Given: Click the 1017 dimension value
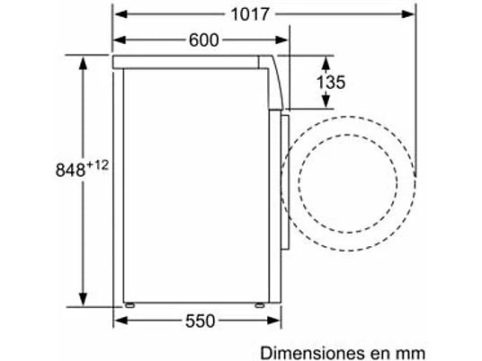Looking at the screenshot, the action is click(x=250, y=14).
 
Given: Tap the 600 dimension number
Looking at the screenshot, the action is click(x=203, y=40).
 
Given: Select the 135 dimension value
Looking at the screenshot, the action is click(x=331, y=83).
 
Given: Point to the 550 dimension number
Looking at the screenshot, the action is click(x=200, y=321).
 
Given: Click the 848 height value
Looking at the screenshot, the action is click(x=70, y=170).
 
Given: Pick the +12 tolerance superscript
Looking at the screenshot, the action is click(x=97, y=166).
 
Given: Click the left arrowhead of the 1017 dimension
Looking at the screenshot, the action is click(x=120, y=14).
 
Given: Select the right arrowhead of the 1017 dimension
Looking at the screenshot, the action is click(x=408, y=14).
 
